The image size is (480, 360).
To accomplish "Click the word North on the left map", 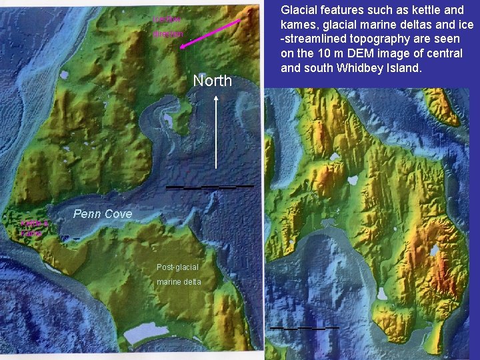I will (212, 81).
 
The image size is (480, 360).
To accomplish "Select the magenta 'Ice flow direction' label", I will (167, 27).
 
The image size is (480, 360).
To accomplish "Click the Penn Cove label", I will (103, 214).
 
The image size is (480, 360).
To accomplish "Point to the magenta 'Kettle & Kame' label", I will (31, 229).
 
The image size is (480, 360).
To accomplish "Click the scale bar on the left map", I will (209, 187).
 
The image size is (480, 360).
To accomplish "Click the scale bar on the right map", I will (304, 328).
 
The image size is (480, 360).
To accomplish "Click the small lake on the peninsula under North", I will (167, 122).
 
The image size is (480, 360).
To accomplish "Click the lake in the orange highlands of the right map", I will (434, 250).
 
